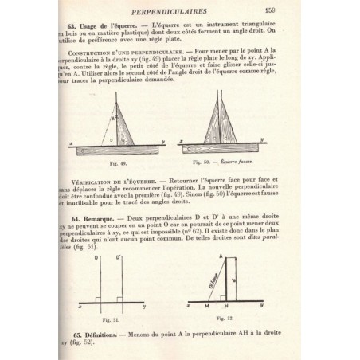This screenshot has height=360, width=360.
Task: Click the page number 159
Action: (292, 10)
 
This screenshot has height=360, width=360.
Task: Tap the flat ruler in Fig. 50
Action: (220, 147)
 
